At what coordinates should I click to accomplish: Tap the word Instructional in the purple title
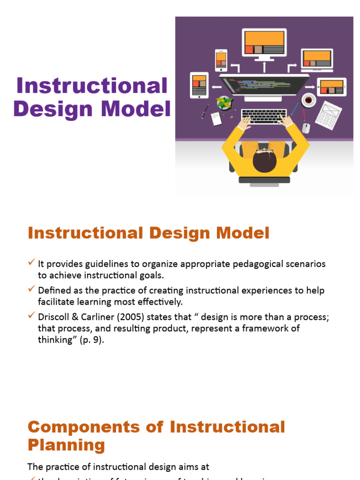point(92,86)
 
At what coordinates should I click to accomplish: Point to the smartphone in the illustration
point(221,60)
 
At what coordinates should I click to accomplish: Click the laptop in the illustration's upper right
point(317,59)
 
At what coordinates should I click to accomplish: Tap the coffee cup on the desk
point(308,99)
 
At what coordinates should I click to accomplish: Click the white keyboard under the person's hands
point(264,116)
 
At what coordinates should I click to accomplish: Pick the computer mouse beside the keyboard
point(306,127)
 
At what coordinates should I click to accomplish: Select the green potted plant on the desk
point(224,103)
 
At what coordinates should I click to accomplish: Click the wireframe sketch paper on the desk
point(328,115)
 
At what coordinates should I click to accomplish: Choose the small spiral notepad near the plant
point(216,118)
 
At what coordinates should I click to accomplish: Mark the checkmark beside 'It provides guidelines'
point(32,262)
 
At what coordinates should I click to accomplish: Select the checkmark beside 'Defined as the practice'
point(32,288)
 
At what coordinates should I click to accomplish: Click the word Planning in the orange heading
point(66,445)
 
